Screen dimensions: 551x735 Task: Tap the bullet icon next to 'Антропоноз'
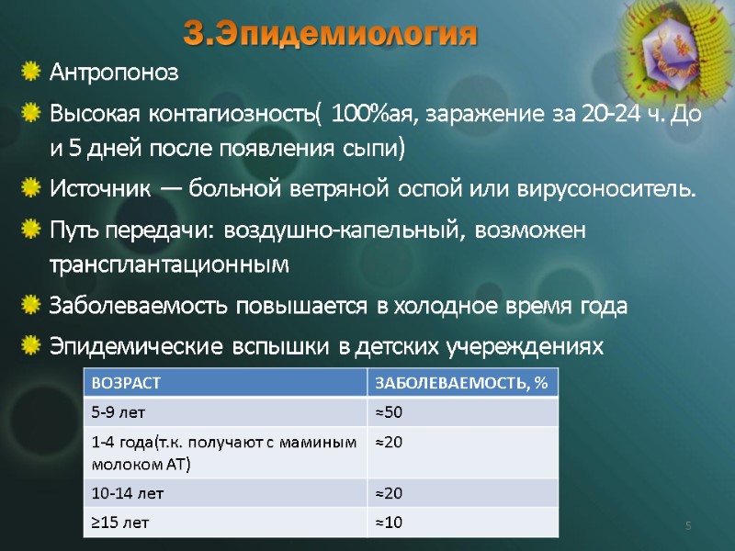pos(31,70)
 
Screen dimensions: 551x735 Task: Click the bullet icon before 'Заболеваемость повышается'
pos(31,305)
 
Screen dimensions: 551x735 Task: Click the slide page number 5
pos(687,525)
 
